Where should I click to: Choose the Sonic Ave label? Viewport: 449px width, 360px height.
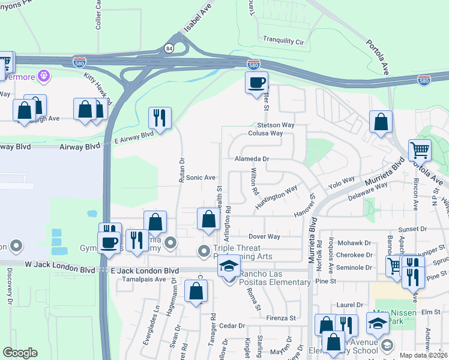tap(200, 178)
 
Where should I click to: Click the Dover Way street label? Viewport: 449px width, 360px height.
tap(265, 236)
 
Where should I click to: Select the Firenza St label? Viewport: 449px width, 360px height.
tap(282, 317)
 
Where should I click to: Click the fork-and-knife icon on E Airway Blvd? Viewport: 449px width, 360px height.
tap(160, 118)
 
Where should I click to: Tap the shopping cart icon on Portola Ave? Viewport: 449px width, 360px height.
tap(420, 150)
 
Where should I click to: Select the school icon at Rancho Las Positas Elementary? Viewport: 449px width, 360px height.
tap(228, 265)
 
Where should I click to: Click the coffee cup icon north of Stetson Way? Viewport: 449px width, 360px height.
tap(257, 82)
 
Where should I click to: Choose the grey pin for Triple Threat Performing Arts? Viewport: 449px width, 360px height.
tap(204, 250)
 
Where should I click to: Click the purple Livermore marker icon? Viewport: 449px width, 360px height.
tap(43, 76)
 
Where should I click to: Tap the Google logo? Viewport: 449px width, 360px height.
tap(20, 353)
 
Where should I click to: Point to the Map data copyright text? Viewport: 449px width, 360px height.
tap(423, 355)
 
